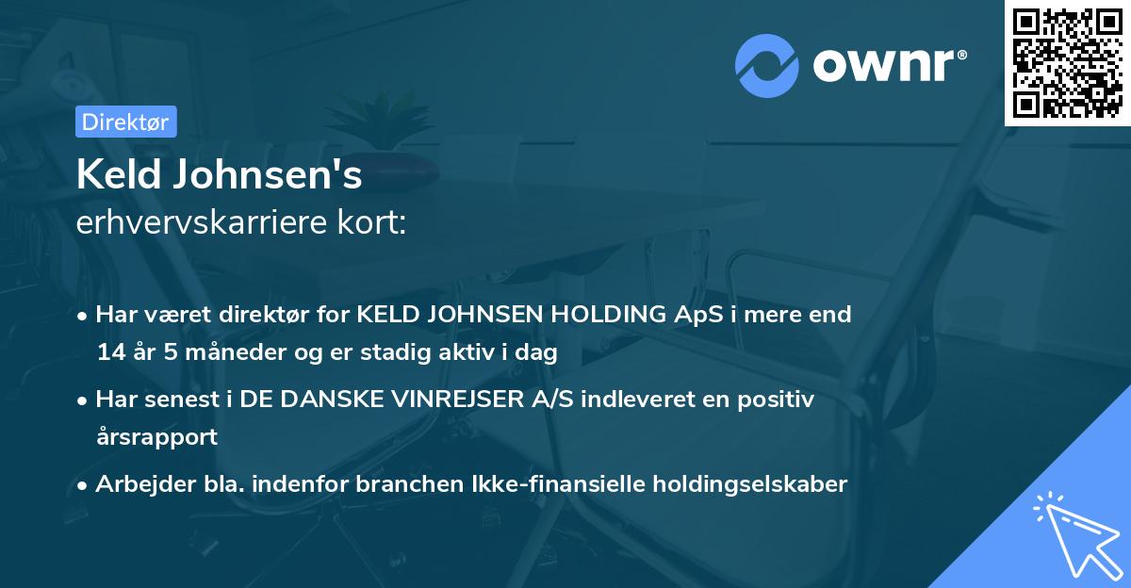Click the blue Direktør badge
pyautogui.click(x=124, y=122)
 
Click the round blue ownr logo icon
pyautogui.click(x=766, y=66)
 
